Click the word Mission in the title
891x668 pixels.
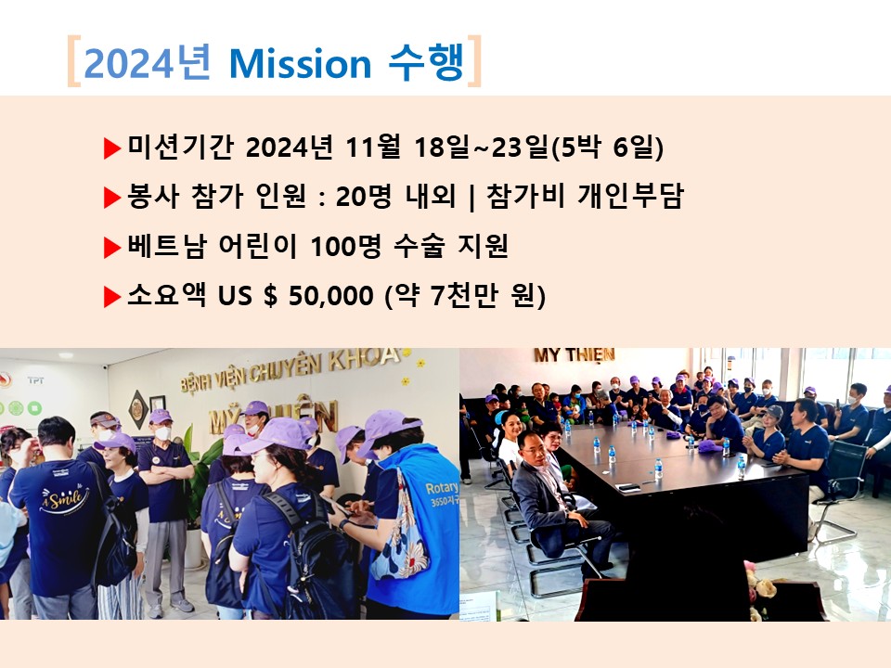pos(300,64)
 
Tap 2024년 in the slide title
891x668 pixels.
pos(148,62)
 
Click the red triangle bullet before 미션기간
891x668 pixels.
pos(112,148)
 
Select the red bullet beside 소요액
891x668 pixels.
pos(112,297)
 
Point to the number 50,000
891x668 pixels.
pos(330,295)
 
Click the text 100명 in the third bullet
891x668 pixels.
pos(344,246)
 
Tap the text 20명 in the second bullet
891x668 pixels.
pos(363,197)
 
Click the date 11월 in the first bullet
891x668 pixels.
pos(372,148)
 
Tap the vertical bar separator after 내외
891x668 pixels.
pos(471,198)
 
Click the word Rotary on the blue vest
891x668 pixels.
pos(442,488)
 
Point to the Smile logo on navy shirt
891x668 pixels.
pos(64,500)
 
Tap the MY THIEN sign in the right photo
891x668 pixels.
pos(574,355)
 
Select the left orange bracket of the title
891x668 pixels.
pos(72,61)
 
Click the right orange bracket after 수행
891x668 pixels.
pos(475,61)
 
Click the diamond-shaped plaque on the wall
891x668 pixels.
pos(137,409)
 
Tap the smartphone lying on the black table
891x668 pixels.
pos(628,487)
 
